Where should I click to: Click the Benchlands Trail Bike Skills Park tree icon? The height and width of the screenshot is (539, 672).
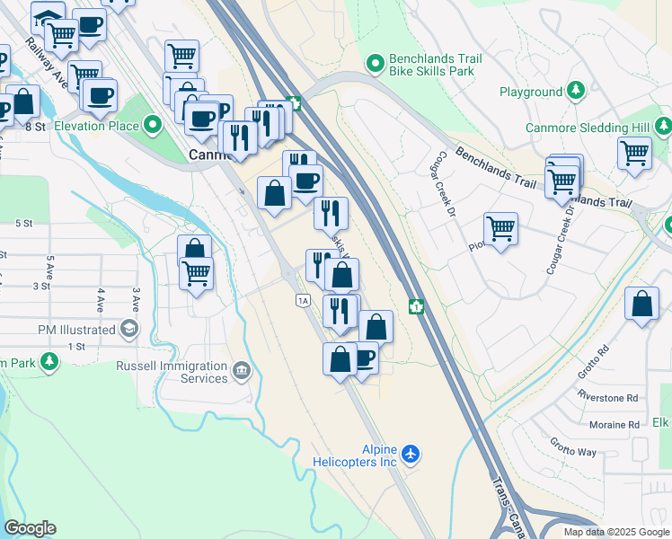tap(376, 62)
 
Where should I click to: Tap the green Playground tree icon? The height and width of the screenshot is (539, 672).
tap(576, 92)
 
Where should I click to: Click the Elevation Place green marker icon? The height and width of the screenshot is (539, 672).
tap(154, 126)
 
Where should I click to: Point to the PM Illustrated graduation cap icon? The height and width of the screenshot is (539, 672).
tap(130, 330)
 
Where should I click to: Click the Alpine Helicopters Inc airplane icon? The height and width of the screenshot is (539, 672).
tap(411, 454)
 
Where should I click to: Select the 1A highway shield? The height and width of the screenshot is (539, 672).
tap(303, 300)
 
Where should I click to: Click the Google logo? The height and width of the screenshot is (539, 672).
tap(30, 528)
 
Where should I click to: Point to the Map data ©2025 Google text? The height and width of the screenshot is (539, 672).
tap(615, 532)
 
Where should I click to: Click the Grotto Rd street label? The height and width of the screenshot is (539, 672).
tap(598, 360)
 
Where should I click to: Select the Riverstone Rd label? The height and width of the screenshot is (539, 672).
tap(607, 397)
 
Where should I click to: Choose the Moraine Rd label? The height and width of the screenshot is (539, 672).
tap(615, 424)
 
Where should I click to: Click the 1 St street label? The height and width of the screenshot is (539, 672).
tap(75, 346)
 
